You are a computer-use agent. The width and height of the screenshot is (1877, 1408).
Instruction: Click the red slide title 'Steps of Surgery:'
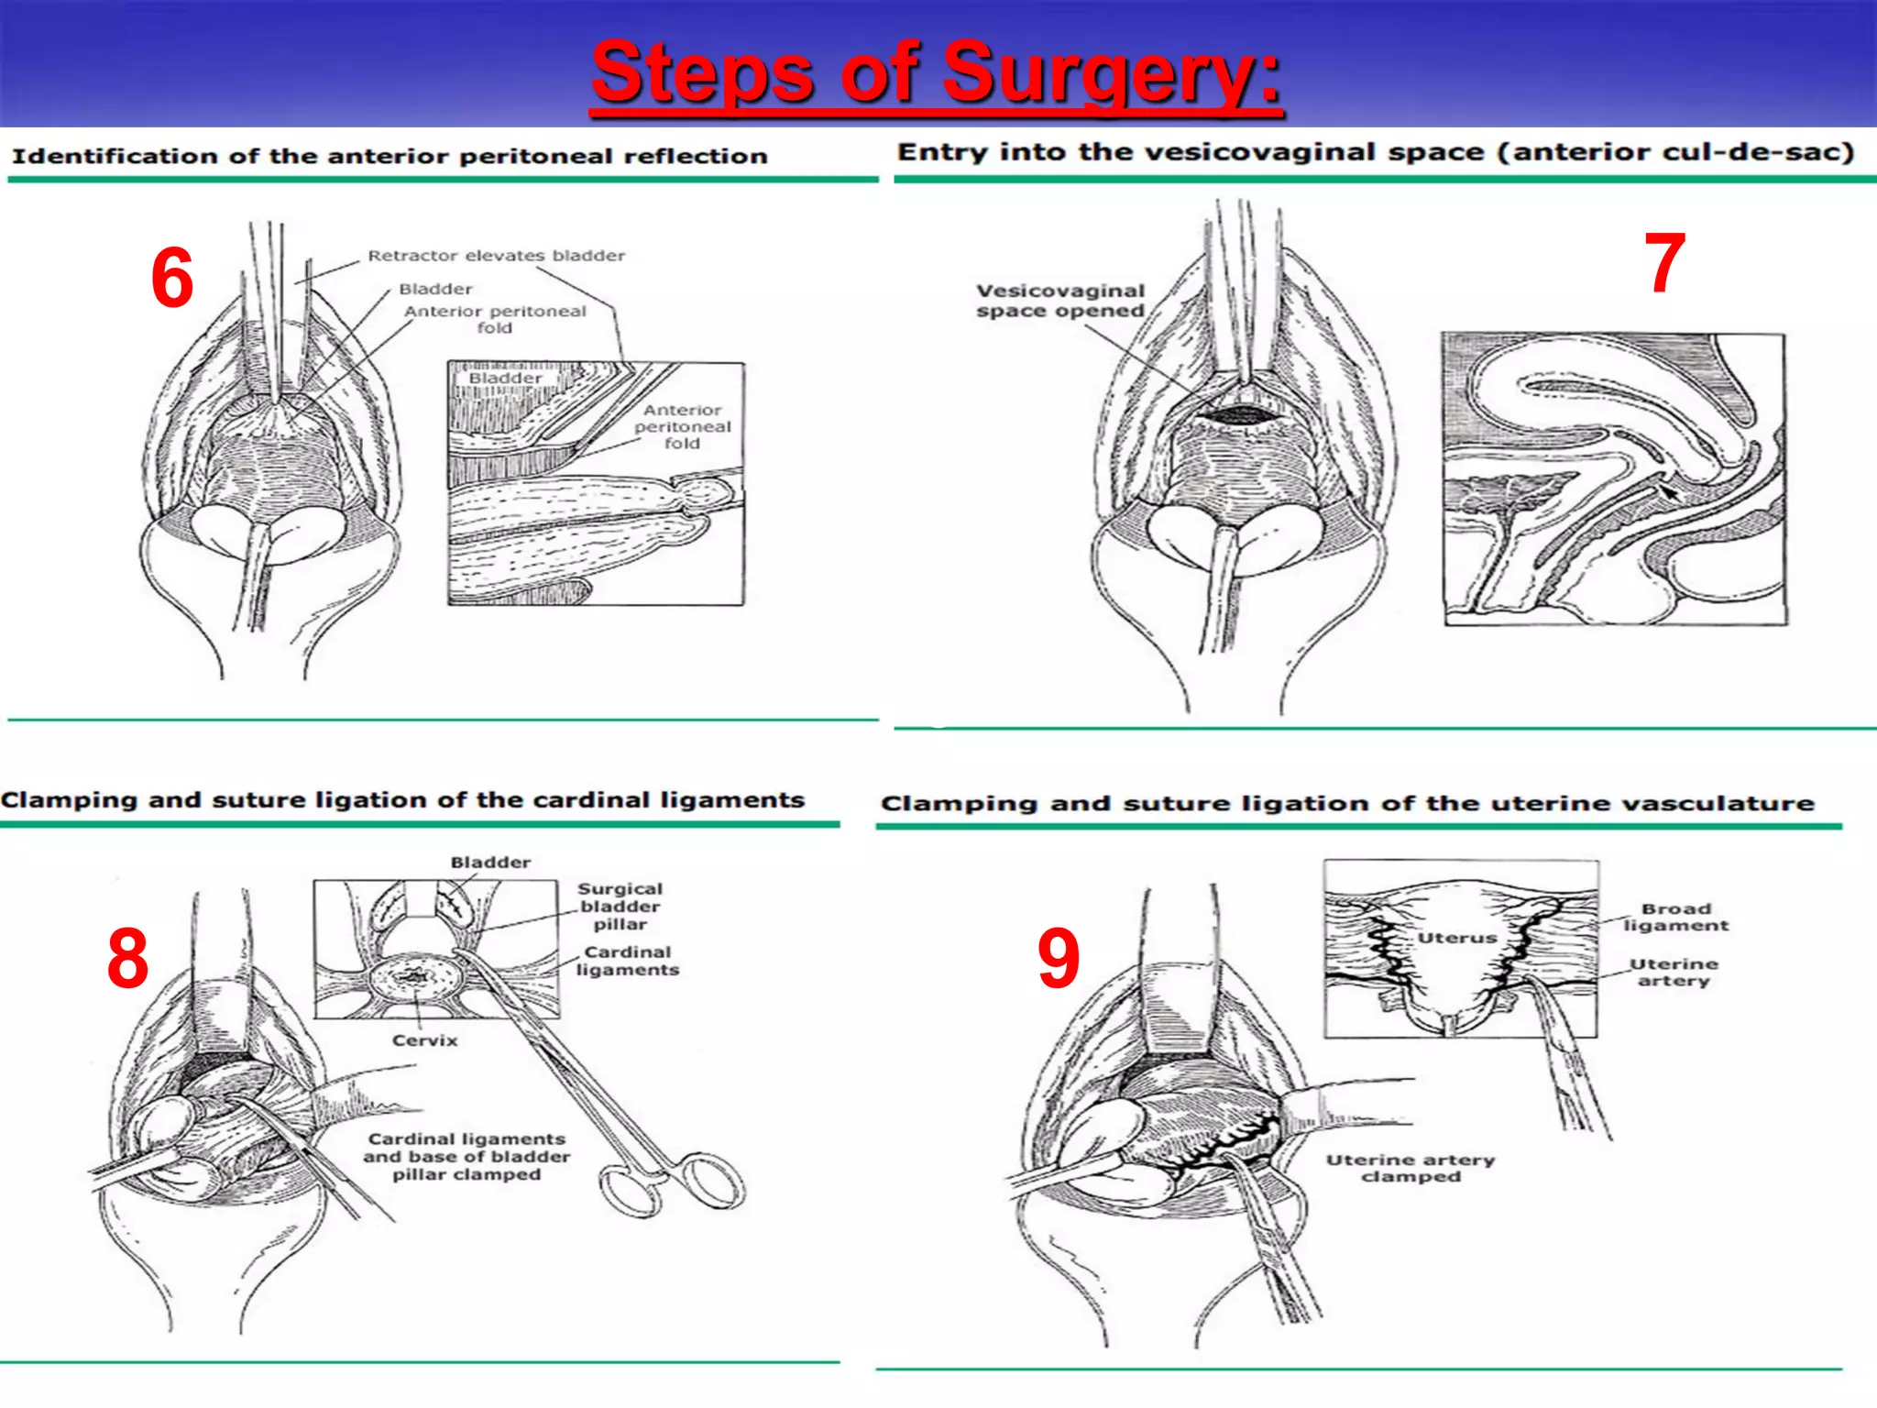936,73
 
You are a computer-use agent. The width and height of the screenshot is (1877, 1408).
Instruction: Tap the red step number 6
172,279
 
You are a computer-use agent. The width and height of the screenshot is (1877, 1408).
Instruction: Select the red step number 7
1664,264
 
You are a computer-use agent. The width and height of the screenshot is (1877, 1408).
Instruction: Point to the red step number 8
127,959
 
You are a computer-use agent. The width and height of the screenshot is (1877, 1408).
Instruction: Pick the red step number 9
1059,959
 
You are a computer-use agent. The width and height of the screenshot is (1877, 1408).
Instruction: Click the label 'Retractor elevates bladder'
496,256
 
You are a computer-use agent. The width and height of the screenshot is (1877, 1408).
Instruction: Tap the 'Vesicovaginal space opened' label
1060,301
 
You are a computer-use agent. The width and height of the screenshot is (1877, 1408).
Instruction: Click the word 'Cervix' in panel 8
424,1040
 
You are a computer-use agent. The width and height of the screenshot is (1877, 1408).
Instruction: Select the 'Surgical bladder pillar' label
620,906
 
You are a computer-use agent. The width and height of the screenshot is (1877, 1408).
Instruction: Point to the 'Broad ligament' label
1676,917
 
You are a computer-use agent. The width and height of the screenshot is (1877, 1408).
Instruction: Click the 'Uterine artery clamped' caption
1410,1168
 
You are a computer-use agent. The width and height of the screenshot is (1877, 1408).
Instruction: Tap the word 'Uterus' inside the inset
1457,938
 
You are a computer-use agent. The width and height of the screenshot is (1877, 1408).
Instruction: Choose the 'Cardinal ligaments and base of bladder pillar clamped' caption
467,1157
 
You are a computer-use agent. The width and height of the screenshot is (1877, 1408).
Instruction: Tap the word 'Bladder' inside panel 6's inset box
505,379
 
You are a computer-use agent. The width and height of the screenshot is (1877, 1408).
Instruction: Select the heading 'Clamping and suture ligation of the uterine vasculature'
1347,804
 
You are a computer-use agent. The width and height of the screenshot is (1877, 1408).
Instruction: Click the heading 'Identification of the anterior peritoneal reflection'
390,157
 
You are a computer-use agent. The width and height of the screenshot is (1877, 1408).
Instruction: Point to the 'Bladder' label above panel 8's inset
490,863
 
